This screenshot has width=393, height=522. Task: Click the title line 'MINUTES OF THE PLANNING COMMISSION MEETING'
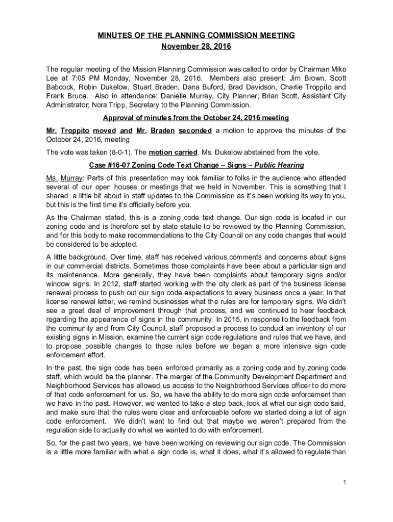coord(196,36)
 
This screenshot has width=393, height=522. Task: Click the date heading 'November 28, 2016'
coord(196,47)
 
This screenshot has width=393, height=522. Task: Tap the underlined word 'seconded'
coord(195,130)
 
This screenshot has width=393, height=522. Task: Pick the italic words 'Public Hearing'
coord(280,165)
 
